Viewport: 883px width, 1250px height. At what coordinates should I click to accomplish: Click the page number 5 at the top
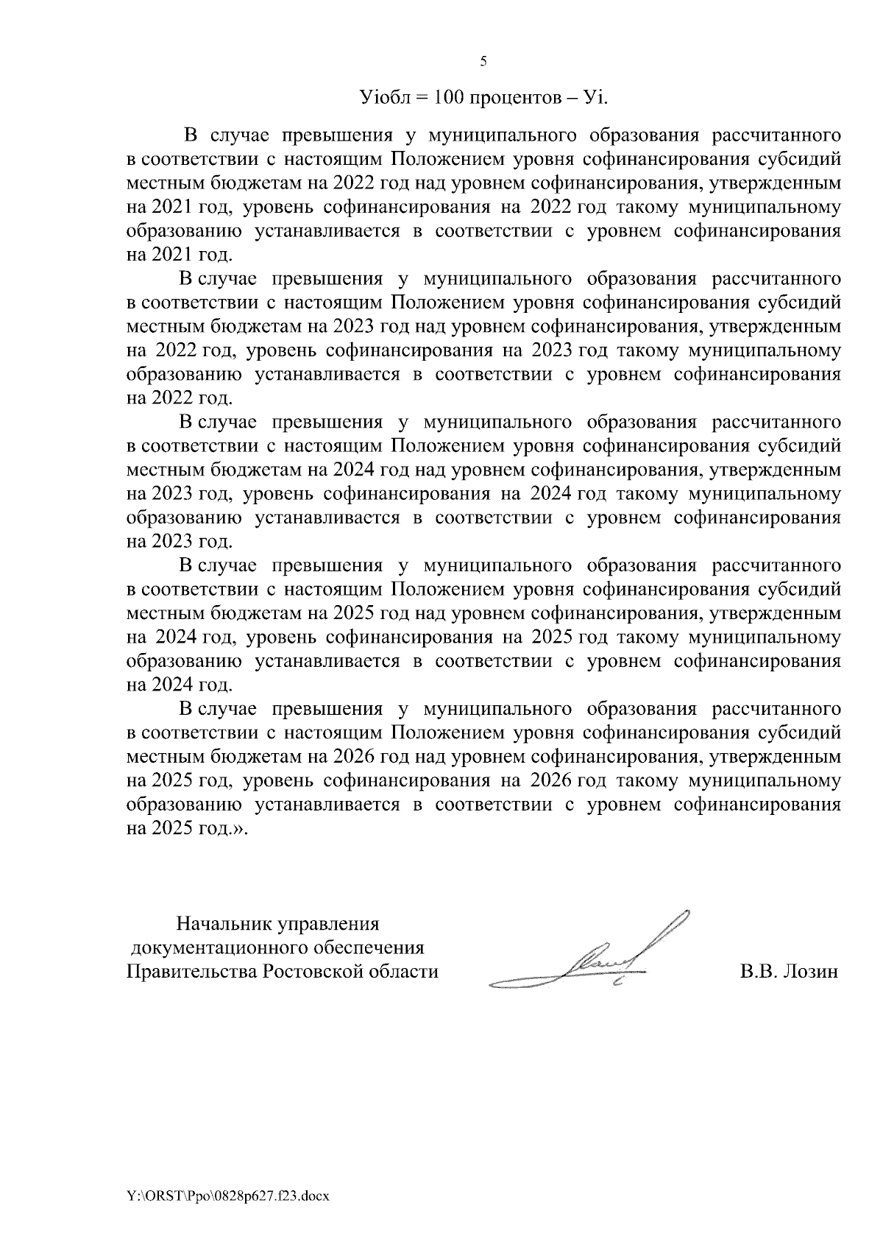[483, 62]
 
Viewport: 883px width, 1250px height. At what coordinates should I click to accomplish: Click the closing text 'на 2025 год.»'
[188, 828]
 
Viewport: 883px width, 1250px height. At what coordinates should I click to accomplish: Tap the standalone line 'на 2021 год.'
[180, 255]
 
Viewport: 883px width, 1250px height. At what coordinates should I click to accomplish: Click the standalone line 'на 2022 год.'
[180, 398]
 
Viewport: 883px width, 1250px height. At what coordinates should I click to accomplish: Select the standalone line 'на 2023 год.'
[180, 542]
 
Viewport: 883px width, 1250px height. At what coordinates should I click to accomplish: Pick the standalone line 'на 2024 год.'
[180, 685]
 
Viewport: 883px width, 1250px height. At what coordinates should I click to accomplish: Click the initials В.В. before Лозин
[759, 972]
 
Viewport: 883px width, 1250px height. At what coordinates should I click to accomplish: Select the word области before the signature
[403, 972]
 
